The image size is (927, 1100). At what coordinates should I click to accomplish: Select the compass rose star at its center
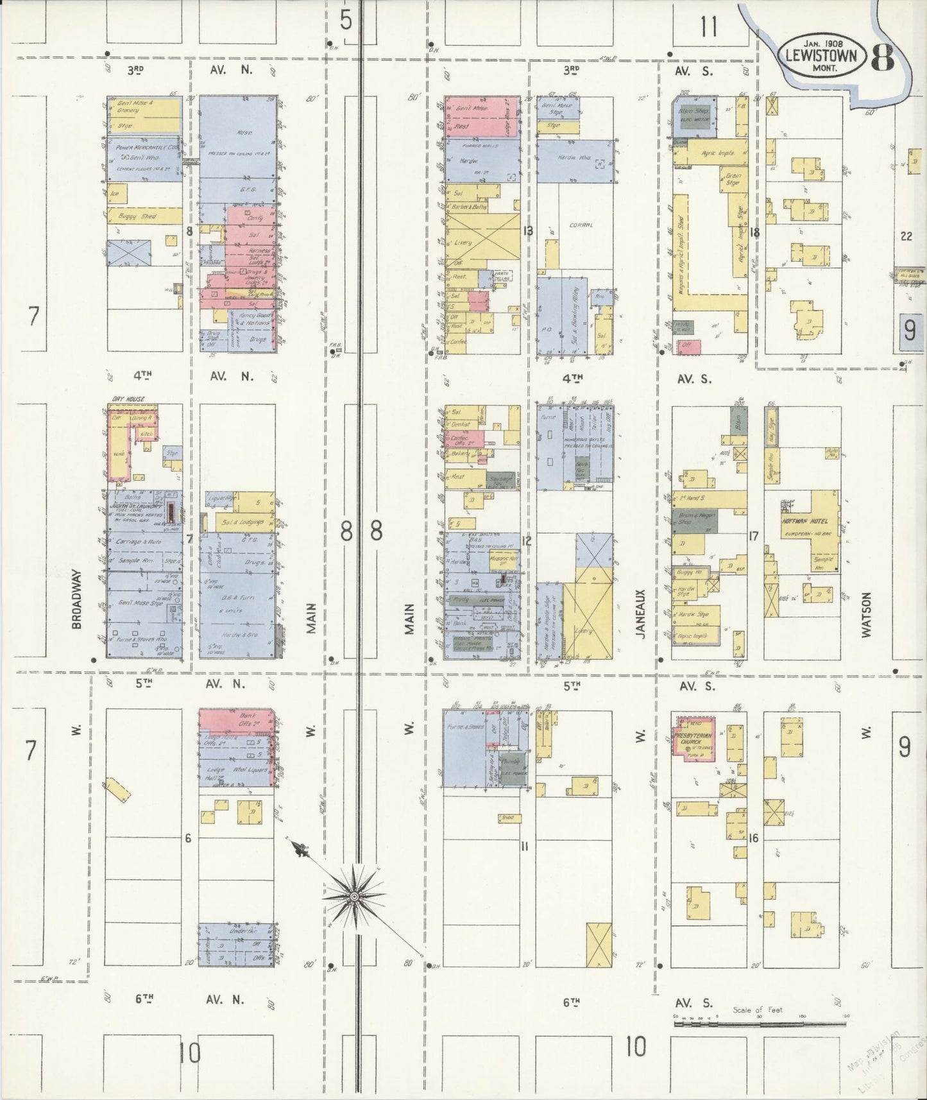click(354, 896)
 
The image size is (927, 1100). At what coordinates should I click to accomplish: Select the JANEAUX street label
click(640, 612)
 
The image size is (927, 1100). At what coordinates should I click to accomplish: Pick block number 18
click(754, 232)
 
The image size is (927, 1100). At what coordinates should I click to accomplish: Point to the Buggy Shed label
click(140, 216)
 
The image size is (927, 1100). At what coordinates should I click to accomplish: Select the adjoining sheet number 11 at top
click(709, 28)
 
